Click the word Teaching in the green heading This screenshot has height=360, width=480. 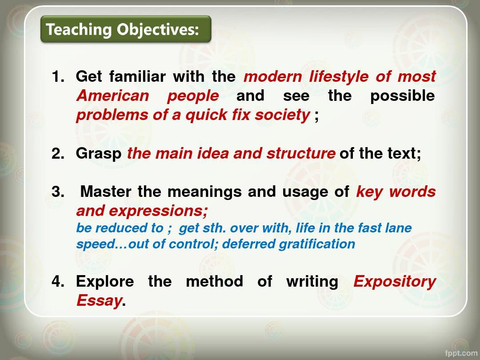79,30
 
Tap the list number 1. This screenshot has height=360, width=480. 58,76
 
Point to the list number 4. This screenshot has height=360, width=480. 58,281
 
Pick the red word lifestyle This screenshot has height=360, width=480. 339,76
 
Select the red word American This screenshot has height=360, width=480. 112,96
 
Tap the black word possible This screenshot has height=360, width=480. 402,96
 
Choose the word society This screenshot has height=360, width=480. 282,116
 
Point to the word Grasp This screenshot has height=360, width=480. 99,154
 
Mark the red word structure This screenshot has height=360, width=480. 300,153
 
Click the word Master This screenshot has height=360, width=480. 106,192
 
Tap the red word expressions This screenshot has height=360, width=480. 158,211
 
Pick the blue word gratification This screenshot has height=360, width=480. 317,244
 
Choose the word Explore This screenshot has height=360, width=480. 105,282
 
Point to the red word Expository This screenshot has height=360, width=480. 395,282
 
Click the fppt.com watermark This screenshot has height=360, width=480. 461,353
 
